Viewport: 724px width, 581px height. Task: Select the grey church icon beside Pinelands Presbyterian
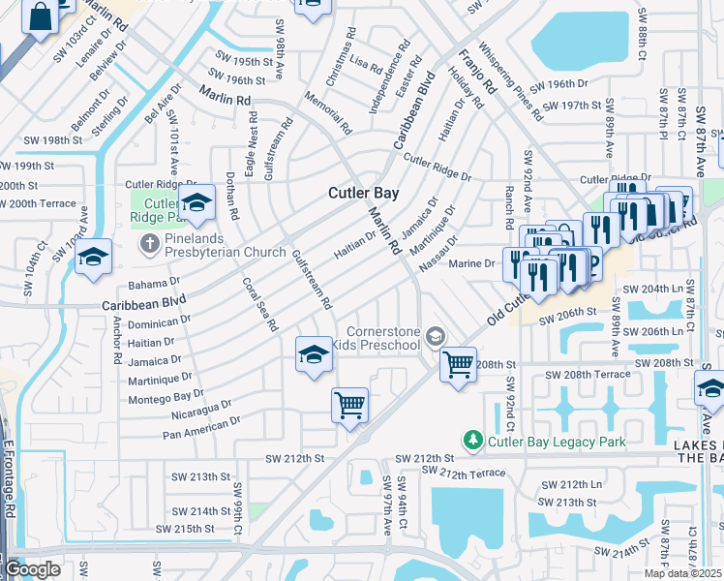click(151, 241)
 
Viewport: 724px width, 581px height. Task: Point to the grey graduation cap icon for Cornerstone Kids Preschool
click(436, 335)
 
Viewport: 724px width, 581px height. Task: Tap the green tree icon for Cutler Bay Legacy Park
click(472, 442)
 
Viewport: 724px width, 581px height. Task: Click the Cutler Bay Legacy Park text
click(557, 443)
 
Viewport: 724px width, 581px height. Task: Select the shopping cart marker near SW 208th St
click(458, 365)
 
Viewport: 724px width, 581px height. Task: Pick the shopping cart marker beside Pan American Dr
click(349, 404)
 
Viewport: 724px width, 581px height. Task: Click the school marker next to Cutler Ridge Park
click(196, 202)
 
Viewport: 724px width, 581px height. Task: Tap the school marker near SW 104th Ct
click(93, 257)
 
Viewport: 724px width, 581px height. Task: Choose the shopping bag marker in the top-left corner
click(41, 16)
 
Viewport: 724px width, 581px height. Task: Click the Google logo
click(31, 569)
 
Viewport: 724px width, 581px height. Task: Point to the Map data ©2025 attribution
click(679, 573)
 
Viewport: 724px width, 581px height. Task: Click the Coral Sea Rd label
click(259, 304)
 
